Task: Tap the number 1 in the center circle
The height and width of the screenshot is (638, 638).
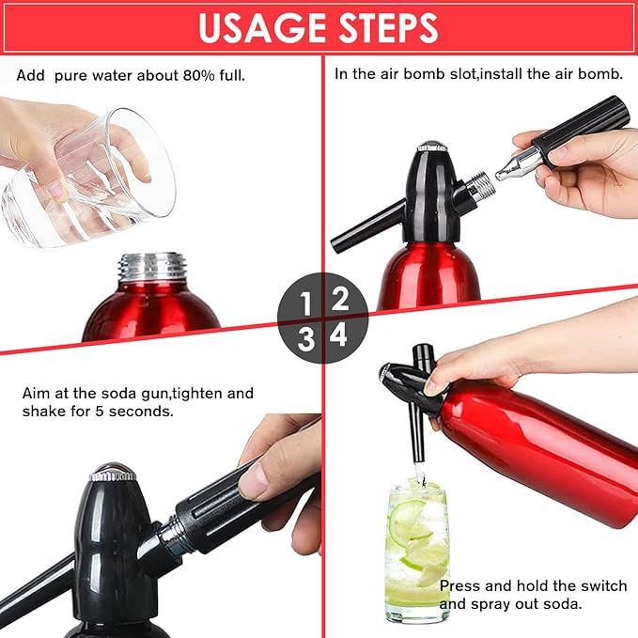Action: pyautogui.click(x=305, y=303)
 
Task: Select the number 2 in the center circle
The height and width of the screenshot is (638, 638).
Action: pyautogui.click(x=340, y=299)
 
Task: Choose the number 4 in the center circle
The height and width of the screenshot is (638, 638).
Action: pyautogui.click(x=339, y=335)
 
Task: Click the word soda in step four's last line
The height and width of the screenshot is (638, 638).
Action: pyautogui.click(x=562, y=604)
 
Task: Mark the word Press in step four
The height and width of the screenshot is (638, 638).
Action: pyautogui.click(x=461, y=585)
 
